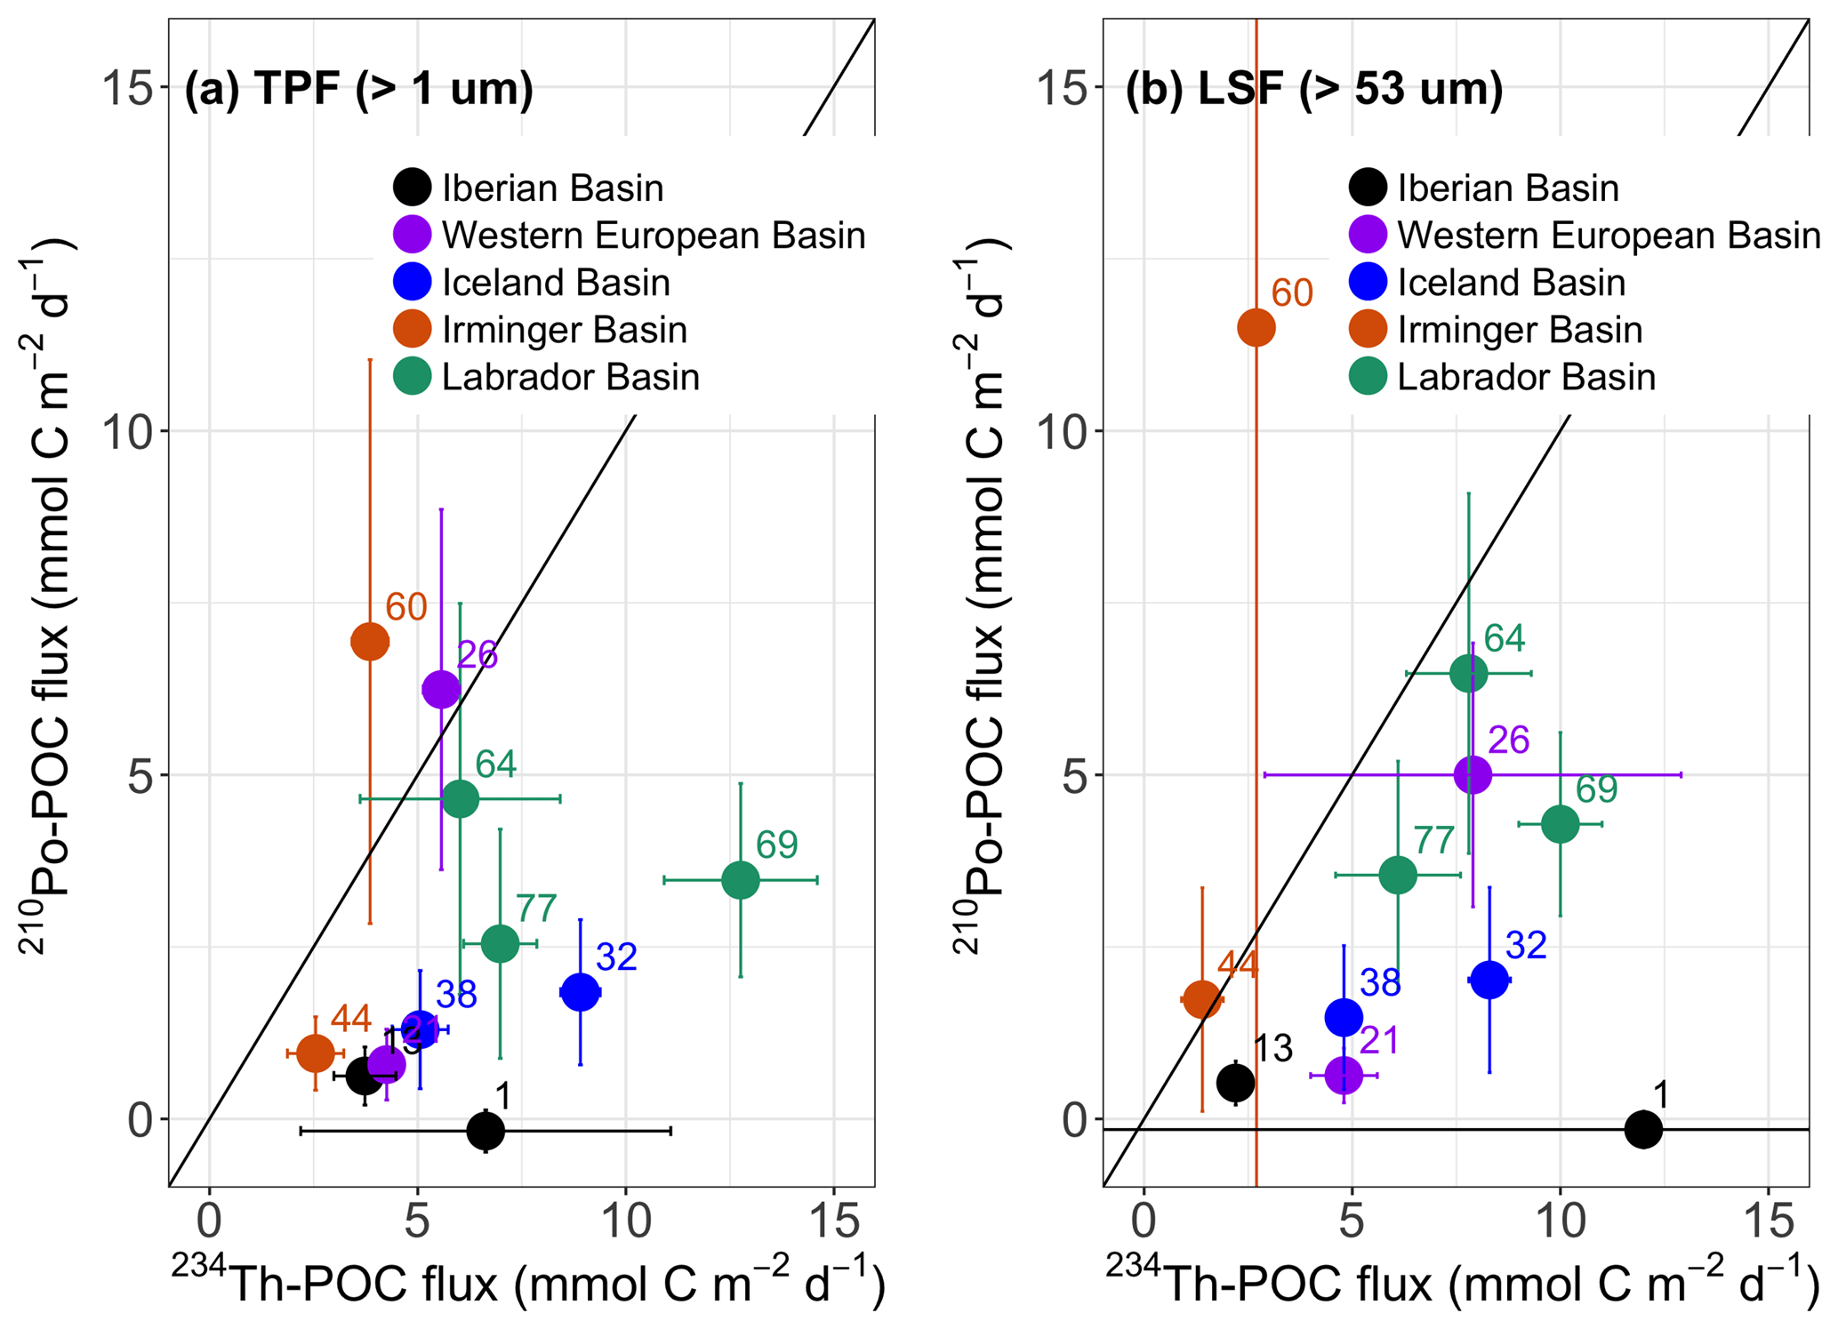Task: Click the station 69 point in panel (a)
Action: [740, 880]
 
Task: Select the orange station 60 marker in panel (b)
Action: [1256, 327]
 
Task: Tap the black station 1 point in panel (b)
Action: [1642, 1129]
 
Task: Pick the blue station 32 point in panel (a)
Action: [580, 991]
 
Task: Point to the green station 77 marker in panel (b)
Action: [1397, 875]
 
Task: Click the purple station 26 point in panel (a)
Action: [441, 689]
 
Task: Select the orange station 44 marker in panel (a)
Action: [315, 1053]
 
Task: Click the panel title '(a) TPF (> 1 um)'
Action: [358, 89]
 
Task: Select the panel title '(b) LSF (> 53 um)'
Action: [1313, 89]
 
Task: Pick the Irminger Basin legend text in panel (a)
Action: [564, 330]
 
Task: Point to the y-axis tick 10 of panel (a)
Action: [128, 431]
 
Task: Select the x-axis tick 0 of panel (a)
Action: [210, 1222]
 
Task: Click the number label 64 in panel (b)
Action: [1504, 638]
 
